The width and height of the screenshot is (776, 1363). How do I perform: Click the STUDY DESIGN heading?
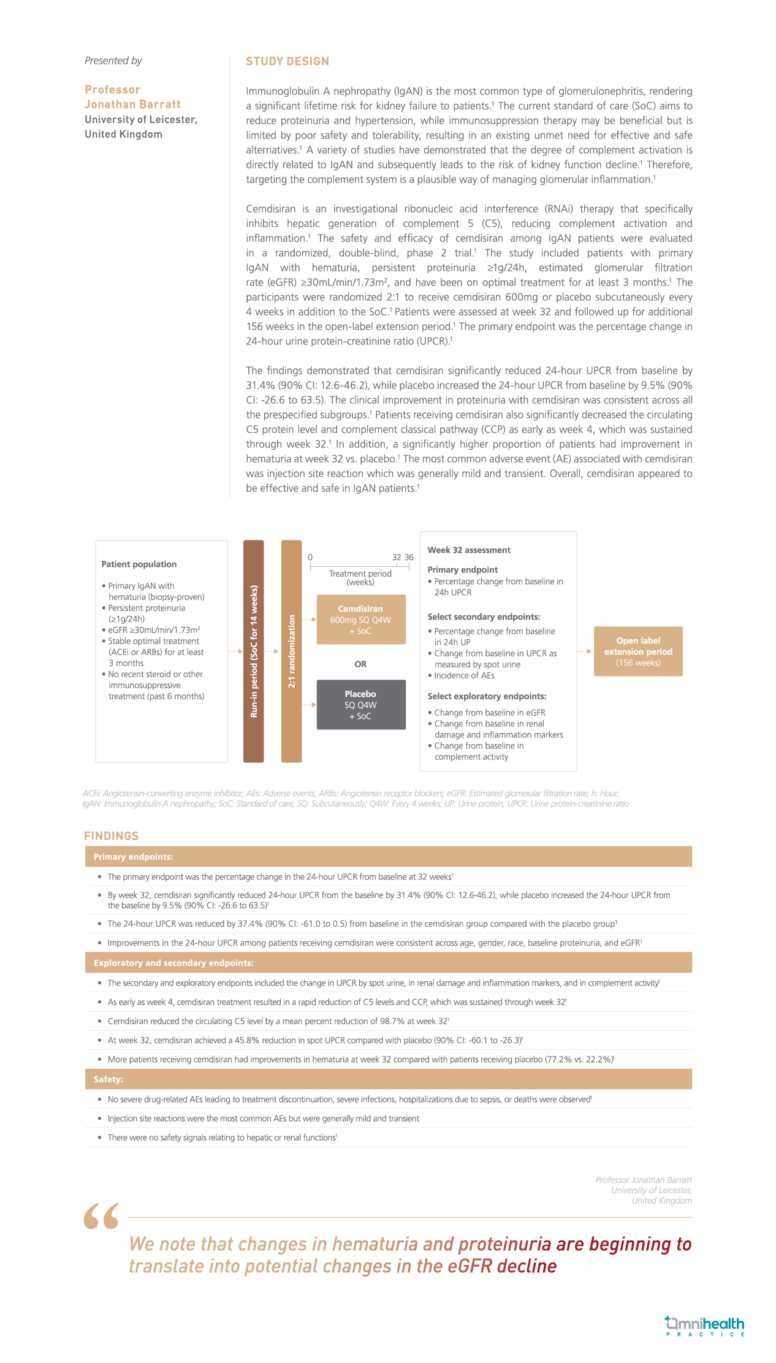[287, 61]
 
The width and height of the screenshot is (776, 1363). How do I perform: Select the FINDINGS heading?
[112, 836]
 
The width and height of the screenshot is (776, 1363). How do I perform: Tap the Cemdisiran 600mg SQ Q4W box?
[361, 619]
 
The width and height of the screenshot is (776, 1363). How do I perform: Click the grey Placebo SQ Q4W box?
[361, 704]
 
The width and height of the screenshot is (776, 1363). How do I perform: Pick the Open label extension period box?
[638, 651]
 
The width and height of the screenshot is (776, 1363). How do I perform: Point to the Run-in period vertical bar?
[254, 651]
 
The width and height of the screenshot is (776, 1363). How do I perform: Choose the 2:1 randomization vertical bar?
[292, 651]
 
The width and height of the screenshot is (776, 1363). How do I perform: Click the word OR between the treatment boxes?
[360, 664]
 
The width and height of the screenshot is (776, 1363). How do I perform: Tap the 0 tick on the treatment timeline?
[310, 558]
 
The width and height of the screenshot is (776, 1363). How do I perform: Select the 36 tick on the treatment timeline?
[409, 558]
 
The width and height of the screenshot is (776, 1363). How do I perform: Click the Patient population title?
[139, 564]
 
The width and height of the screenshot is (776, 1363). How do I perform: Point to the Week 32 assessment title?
[469, 550]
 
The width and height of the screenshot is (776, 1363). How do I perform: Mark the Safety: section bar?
[388, 1079]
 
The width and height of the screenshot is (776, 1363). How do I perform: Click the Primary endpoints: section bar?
[388, 857]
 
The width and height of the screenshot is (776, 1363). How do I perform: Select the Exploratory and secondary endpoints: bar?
[388, 963]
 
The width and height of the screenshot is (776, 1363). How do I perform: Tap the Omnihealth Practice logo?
[705, 1326]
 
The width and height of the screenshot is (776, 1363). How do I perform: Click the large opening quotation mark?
[102, 1216]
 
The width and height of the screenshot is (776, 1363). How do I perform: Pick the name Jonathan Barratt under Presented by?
[132, 104]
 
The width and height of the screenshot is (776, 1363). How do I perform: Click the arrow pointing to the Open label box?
[585, 651]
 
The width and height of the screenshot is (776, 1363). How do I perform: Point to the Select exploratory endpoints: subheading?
[487, 696]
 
